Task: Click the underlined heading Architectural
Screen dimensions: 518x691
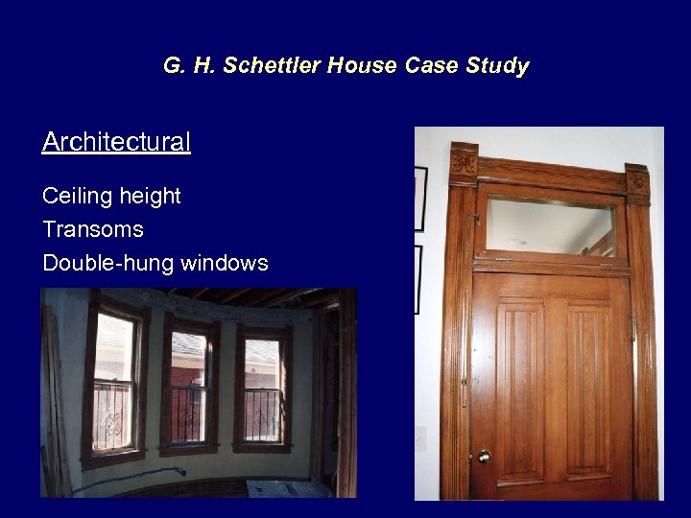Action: click(x=116, y=143)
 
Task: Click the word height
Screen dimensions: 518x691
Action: click(x=147, y=197)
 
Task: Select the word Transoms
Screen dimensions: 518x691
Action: click(x=93, y=230)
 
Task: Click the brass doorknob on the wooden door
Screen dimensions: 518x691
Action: click(x=484, y=457)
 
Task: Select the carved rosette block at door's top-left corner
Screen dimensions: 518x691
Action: click(x=465, y=163)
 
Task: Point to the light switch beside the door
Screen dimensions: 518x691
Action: click(x=419, y=439)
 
